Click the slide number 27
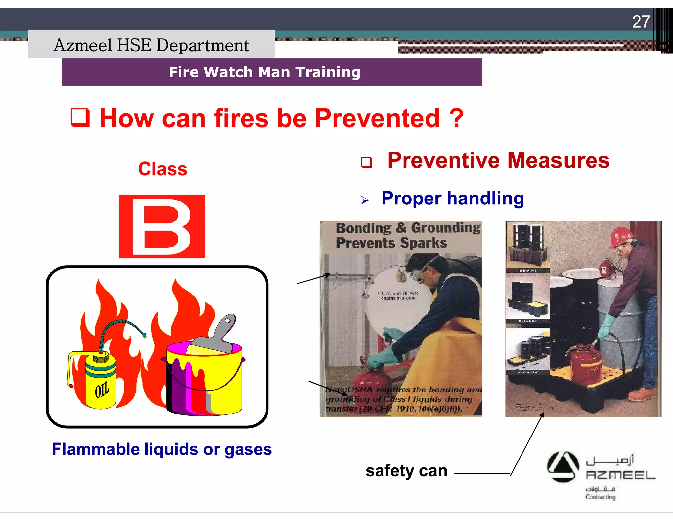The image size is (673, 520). point(641,22)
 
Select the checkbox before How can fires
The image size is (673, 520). point(80,118)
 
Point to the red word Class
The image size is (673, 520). point(162,169)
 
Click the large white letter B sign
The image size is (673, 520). point(162,226)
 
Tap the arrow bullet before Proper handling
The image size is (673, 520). point(365,200)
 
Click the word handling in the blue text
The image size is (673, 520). point(485,198)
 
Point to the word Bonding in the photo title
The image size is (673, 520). point(364,228)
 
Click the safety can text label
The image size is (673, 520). point(406,471)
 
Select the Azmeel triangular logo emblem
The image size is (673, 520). point(563,467)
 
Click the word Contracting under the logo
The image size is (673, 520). point(600,497)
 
